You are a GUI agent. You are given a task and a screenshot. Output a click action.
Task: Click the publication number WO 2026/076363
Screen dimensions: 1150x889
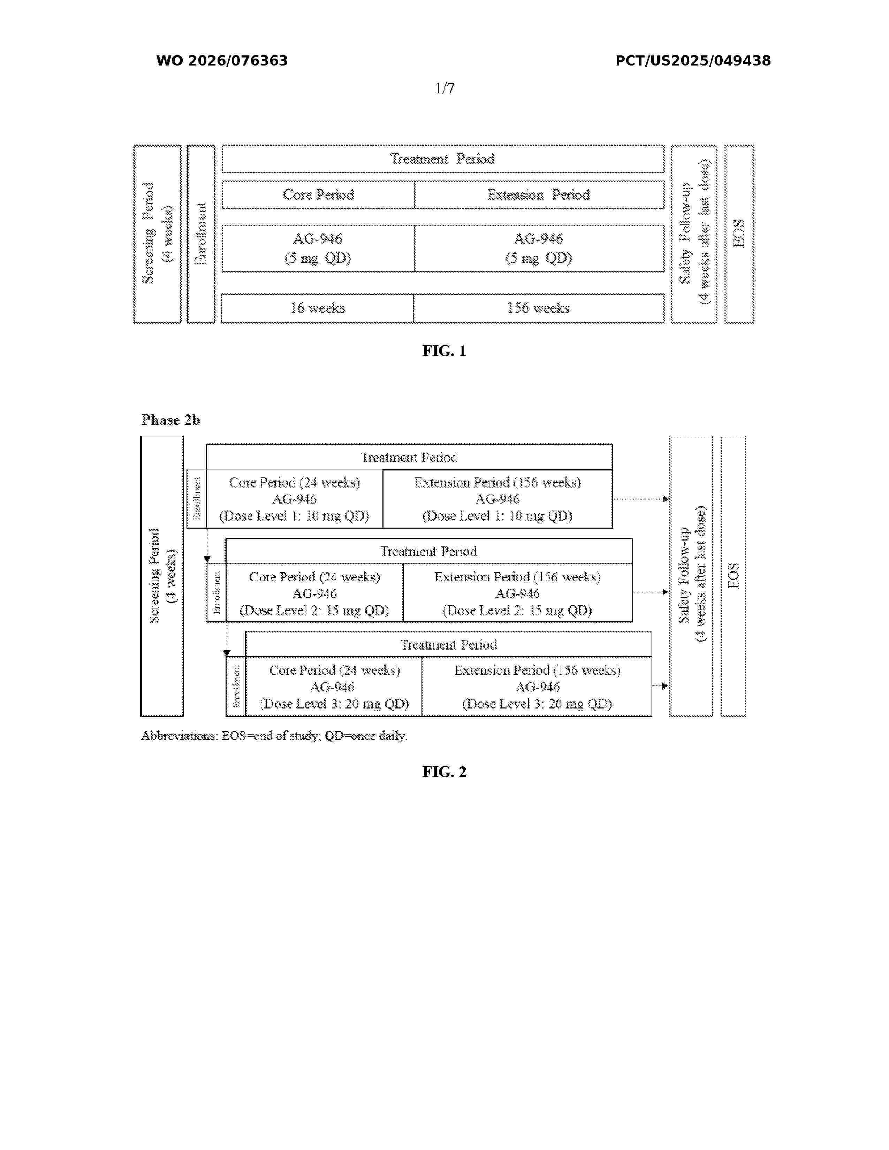coord(222,61)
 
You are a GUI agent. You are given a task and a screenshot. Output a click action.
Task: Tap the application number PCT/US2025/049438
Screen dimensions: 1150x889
coord(693,61)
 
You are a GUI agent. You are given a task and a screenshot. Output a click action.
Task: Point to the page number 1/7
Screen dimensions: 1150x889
coord(444,89)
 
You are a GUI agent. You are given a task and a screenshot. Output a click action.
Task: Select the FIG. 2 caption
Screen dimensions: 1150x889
coord(444,772)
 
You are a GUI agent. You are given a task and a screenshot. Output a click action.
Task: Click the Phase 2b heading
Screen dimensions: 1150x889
coord(170,420)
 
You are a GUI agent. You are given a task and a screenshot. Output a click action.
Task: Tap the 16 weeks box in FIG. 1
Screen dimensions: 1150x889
coord(318,308)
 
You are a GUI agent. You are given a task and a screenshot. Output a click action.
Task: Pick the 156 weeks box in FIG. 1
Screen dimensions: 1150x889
coord(538,308)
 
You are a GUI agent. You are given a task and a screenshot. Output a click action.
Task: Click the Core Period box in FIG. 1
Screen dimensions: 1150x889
coord(318,195)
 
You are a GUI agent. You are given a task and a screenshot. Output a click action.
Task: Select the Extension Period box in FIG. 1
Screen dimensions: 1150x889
coord(538,195)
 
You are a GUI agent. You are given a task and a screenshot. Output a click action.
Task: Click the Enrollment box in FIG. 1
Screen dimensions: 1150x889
coord(201,234)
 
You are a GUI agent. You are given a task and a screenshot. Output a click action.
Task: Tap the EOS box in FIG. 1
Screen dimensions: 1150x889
coord(739,234)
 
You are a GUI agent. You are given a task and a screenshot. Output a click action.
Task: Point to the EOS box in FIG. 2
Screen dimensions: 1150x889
coord(733,576)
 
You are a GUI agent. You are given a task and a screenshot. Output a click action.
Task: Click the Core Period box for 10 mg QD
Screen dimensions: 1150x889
coord(294,499)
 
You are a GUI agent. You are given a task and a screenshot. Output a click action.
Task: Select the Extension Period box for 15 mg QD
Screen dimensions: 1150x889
coord(517,593)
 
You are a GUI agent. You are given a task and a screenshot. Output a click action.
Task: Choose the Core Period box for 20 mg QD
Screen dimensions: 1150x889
coord(334,687)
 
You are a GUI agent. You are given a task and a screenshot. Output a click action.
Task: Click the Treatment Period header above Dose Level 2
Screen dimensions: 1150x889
coord(429,551)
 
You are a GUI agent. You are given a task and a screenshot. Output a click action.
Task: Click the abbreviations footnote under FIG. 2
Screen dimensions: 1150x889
coord(274,736)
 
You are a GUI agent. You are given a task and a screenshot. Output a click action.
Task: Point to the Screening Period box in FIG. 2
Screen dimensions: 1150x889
coord(162,576)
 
